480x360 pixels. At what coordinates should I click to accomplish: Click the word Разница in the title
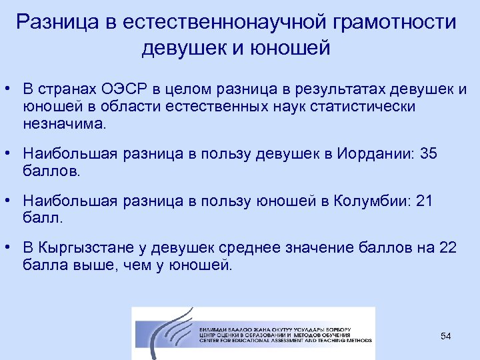click(x=55, y=22)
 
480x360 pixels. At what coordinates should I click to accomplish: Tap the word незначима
click(x=64, y=124)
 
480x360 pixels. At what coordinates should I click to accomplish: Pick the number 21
click(x=424, y=201)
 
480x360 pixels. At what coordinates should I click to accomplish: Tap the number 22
click(x=448, y=249)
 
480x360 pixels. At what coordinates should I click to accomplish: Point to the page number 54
click(x=446, y=336)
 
